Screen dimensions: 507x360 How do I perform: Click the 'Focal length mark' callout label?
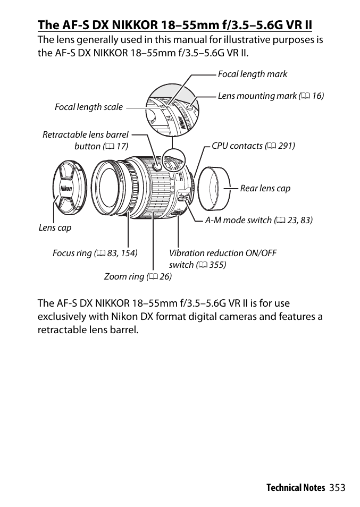[x=252, y=74]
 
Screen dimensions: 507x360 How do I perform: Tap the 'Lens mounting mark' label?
[x=270, y=96]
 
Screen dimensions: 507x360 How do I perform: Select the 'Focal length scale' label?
[x=88, y=107]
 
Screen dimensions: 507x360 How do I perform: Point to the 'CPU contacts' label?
[x=253, y=146]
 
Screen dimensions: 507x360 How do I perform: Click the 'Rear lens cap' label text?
[x=265, y=189]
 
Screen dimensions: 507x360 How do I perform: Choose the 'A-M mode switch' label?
[x=258, y=220]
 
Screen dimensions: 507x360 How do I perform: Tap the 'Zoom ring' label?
[x=137, y=276]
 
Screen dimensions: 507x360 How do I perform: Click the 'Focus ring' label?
[x=95, y=253]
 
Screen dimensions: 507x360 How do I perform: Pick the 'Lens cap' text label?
[x=55, y=227]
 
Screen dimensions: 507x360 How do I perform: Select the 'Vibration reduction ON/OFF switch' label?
[x=222, y=259]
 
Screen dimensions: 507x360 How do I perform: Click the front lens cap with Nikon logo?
[x=66, y=189]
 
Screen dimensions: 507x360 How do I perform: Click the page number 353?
[x=337, y=487]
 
